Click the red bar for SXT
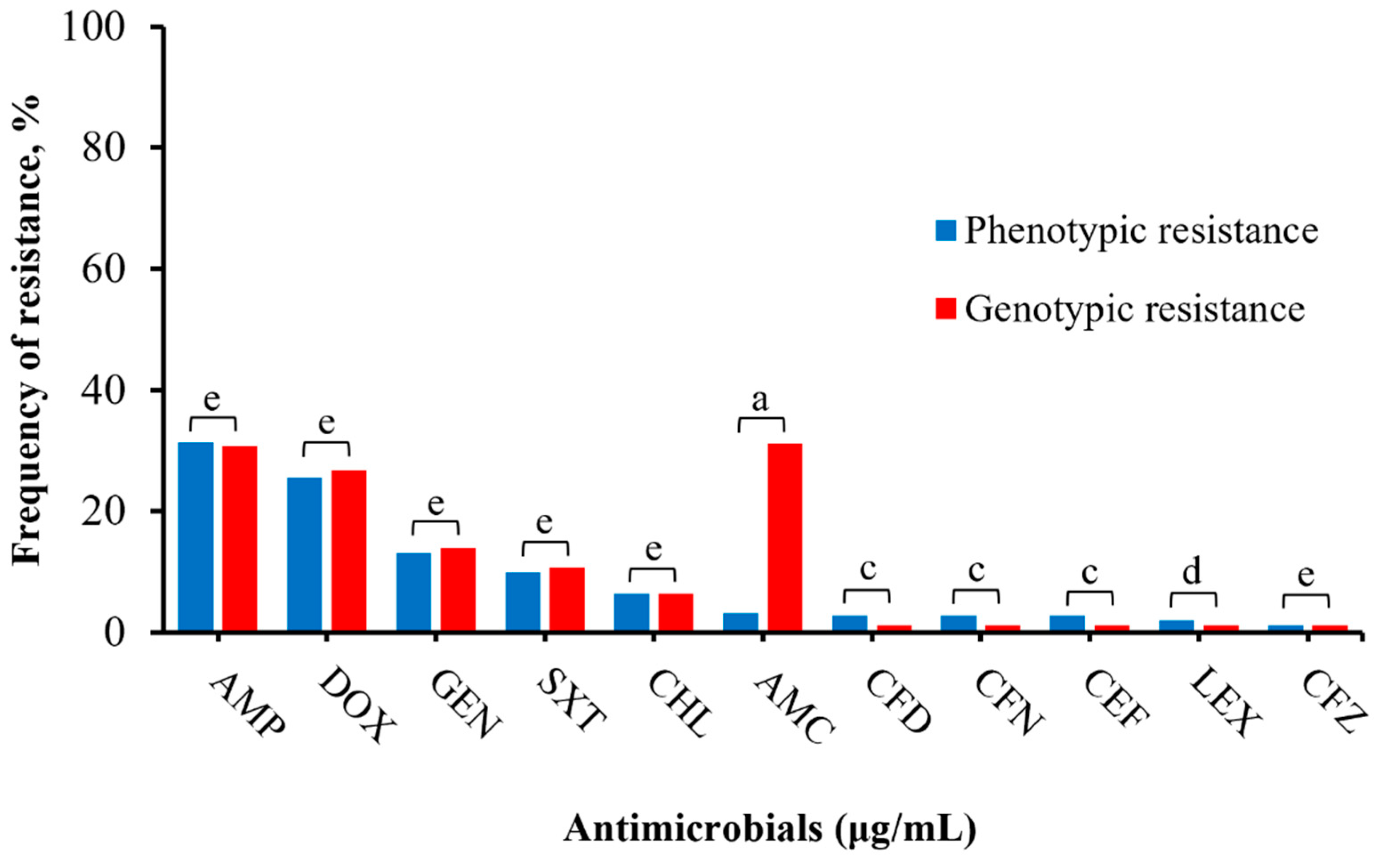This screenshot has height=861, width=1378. tap(566, 598)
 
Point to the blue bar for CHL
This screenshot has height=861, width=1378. tap(631, 611)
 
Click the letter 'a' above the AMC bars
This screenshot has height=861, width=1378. tap(760, 400)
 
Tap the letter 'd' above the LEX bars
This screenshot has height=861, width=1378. tap(1191, 572)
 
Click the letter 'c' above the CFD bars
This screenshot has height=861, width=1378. tap(867, 570)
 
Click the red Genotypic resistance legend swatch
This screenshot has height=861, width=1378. tap(946, 309)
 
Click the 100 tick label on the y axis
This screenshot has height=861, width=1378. tap(94, 27)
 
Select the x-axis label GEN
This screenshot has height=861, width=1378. tap(465, 704)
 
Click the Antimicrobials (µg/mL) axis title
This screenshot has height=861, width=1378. tap(769, 829)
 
